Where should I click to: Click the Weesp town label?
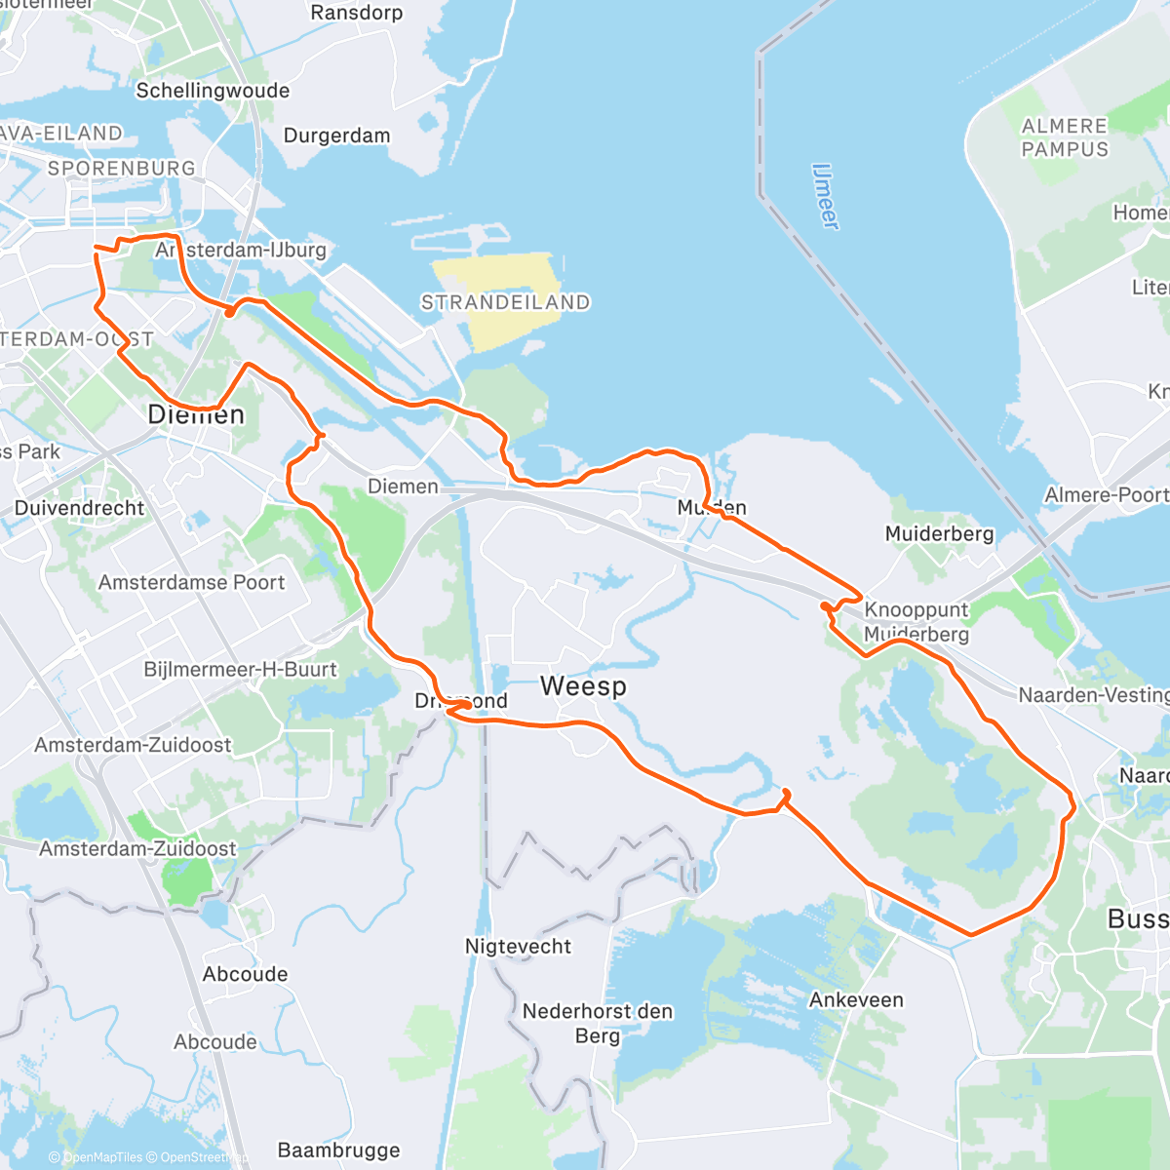pyautogui.click(x=583, y=686)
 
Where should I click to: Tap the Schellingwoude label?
pyautogui.click(x=213, y=91)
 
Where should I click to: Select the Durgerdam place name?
pyautogui.click(x=336, y=136)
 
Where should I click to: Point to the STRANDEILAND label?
pyautogui.click(x=505, y=302)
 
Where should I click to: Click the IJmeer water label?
pyautogui.click(x=825, y=196)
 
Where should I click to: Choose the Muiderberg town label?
pyautogui.click(x=939, y=533)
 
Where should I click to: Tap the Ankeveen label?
pyautogui.click(x=856, y=999)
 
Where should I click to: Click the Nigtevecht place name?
pyautogui.click(x=518, y=946)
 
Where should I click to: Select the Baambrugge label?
pyautogui.click(x=338, y=1150)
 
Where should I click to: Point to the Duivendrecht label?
pyautogui.click(x=79, y=508)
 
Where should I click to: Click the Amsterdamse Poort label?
pyautogui.click(x=191, y=582)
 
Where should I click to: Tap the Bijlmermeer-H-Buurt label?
pyautogui.click(x=240, y=670)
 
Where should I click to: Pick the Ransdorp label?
pyautogui.click(x=356, y=13)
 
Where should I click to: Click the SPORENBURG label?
pyautogui.click(x=121, y=168)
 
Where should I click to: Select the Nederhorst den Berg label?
pyautogui.click(x=597, y=1023)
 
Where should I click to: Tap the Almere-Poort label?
pyautogui.click(x=1106, y=494)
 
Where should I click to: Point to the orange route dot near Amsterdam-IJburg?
pyautogui.click(x=229, y=312)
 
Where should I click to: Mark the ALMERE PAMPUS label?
pyautogui.click(x=1065, y=137)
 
